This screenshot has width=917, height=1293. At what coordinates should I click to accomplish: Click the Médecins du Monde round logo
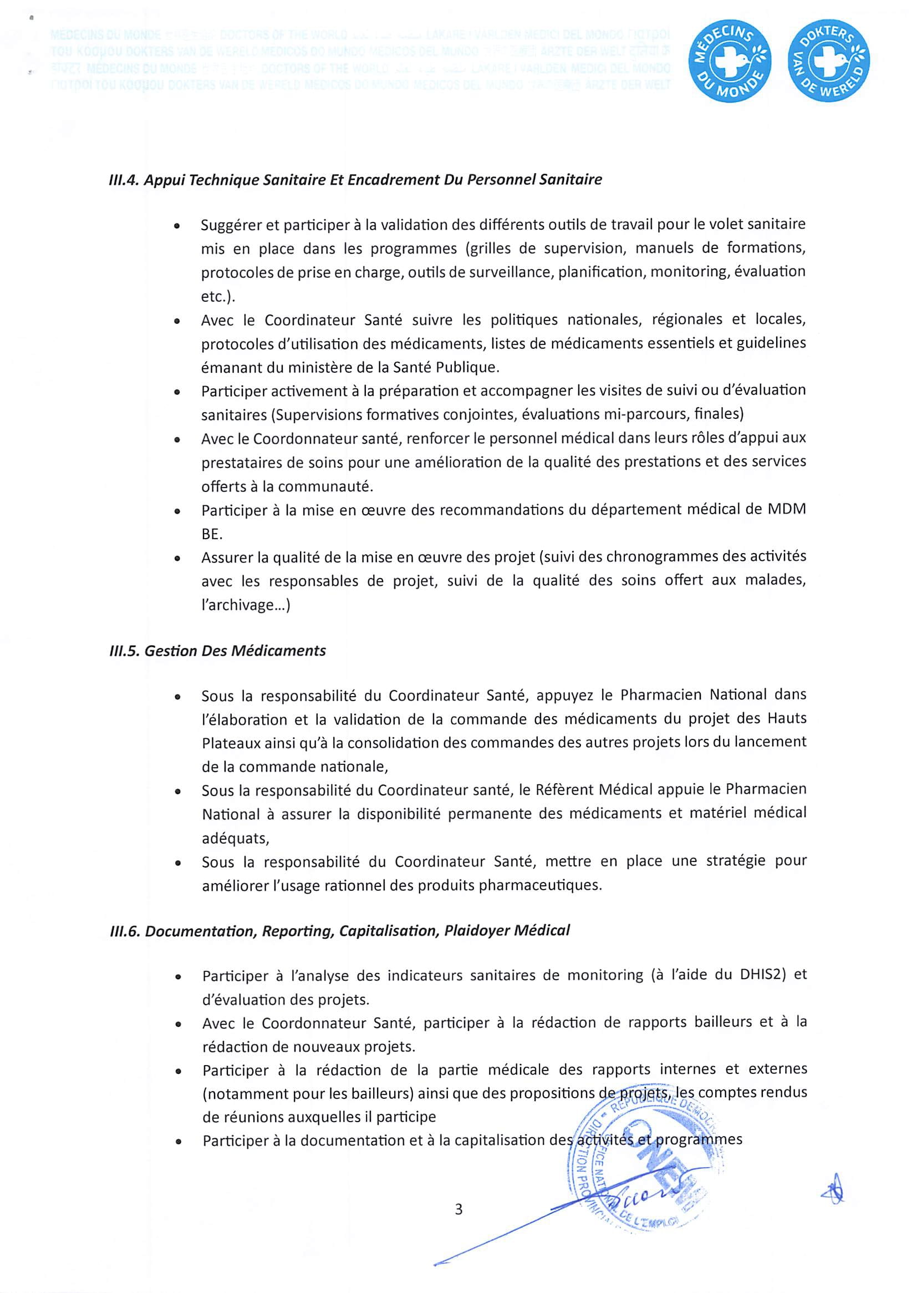coord(730,61)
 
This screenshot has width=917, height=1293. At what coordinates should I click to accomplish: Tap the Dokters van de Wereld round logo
coord(828,61)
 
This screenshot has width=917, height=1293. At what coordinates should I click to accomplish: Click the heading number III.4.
coord(124,180)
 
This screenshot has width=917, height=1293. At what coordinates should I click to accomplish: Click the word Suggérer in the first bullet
coord(231,225)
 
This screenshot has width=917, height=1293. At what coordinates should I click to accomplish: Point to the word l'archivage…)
coord(246,605)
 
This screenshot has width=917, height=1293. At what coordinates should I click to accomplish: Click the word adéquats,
coord(236,838)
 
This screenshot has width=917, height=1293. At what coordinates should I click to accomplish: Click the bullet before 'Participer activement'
coord(177,392)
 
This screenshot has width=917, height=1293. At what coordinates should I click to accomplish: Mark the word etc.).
coord(218,297)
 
